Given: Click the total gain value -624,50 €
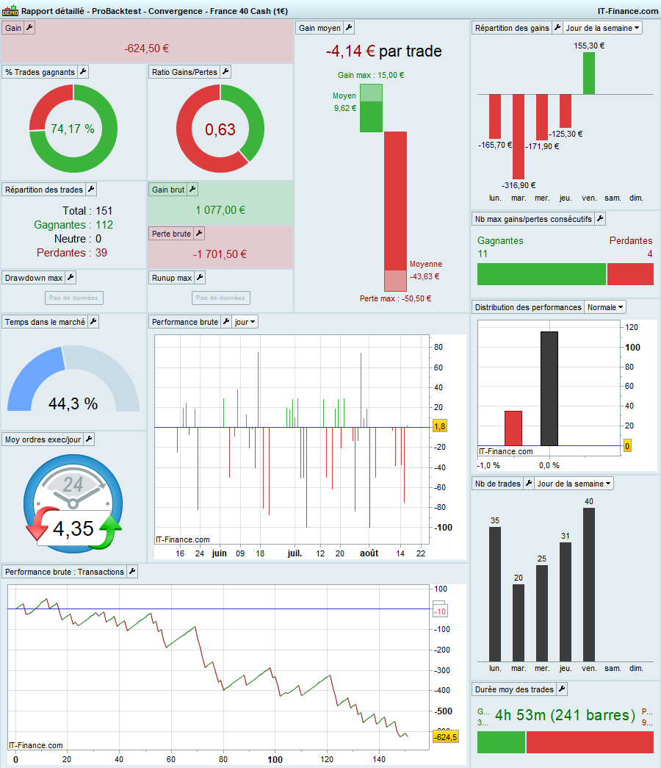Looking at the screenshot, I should click(x=147, y=49).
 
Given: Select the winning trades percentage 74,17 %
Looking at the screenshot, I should click(x=73, y=129).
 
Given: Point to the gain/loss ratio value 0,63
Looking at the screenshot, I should click(x=220, y=130).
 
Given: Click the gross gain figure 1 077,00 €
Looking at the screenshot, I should click(x=220, y=210).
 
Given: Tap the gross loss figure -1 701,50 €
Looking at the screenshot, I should click(x=220, y=254).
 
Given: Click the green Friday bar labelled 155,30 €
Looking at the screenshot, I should click(x=589, y=73).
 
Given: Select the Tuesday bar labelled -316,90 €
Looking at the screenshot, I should click(x=519, y=136).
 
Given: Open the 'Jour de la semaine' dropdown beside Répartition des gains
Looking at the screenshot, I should click(x=603, y=28).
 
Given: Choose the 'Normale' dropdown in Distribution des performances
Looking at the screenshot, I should click(x=605, y=307).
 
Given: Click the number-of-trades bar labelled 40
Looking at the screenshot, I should click(x=589, y=584).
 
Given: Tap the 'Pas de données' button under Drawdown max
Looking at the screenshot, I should click(x=73, y=298).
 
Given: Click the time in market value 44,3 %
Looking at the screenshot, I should click(x=73, y=403).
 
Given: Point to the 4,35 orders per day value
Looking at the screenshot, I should click(x=73, y=528).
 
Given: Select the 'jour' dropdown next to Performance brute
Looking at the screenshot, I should click(x=245, y=322).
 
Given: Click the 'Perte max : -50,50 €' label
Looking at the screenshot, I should click(x=395, y=299).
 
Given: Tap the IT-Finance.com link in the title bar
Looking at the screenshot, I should click(x=628, y=11).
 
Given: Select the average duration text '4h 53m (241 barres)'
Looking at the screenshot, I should click(x=565, y=715).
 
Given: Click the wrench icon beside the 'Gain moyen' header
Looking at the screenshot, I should click(x=349, y=28).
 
